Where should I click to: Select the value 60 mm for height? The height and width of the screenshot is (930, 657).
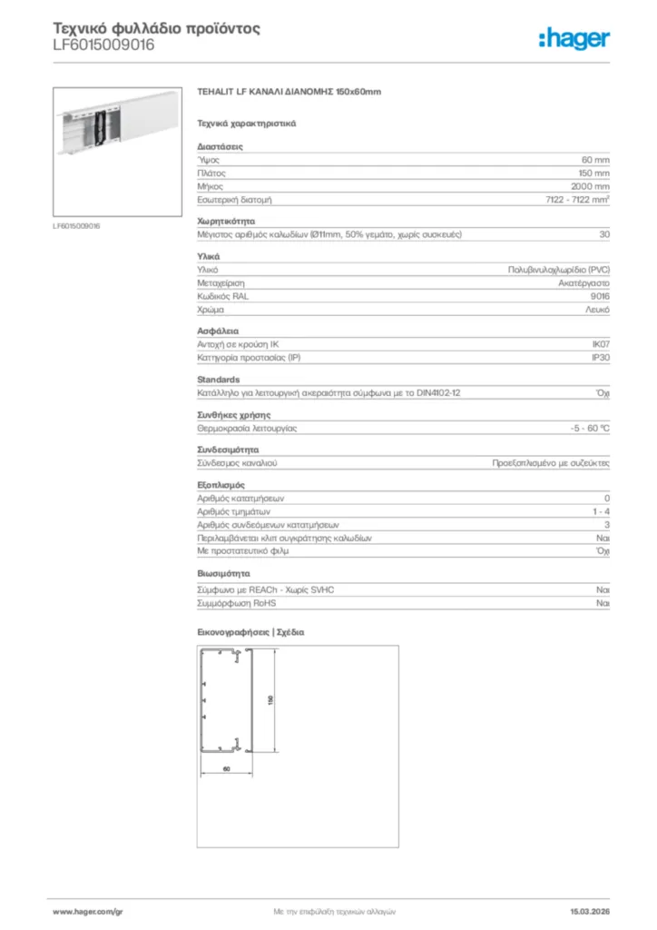tap(595, 159)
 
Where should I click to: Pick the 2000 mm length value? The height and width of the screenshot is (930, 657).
tap(590, 185)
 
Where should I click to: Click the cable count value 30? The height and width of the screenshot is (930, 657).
tap(604, 234)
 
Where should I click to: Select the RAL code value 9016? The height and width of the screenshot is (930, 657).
tap(600, 296)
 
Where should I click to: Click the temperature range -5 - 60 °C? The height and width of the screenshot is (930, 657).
tap(583, 427)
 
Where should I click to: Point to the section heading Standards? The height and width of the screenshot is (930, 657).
tap(218, 379)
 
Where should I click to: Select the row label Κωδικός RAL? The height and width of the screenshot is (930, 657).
tap(222, 296)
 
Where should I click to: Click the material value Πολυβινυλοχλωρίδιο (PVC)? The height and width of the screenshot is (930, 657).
tap(558, 271)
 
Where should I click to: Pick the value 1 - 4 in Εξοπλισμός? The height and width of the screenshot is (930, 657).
tap(600, 512)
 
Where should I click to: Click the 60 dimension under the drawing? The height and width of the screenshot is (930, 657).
tap(226, 769)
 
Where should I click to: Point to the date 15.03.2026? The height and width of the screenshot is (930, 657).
tap(589, 910)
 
